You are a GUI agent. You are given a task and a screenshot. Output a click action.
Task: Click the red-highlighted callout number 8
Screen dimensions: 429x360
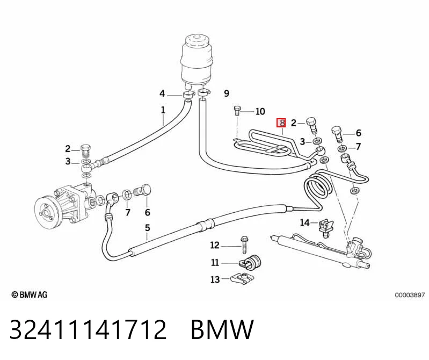point(281,123)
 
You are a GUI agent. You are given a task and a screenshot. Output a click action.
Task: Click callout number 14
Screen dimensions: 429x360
point(304,222)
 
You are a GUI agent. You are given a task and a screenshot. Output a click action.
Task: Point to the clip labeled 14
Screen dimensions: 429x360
point(325,227)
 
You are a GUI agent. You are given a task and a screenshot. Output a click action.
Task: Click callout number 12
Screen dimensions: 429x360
point(215,245)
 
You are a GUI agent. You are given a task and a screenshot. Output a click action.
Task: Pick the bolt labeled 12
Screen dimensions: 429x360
point(244,245)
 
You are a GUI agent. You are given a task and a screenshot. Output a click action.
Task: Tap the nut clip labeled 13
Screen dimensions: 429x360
point(241,279)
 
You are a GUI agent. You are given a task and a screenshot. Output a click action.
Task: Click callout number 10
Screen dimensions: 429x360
point(260,111)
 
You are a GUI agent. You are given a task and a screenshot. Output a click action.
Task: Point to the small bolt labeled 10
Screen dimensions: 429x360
point(237,111)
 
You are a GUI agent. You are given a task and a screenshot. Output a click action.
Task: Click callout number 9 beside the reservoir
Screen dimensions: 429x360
point(226,93)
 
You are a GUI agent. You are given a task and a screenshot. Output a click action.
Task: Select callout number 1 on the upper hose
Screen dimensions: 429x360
point(163,110)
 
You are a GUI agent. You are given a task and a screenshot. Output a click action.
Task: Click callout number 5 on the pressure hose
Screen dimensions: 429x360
point(148,228)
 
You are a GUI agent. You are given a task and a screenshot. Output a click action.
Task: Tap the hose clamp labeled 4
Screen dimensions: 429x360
point(188,95)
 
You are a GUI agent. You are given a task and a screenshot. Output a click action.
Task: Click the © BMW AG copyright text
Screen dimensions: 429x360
point(30,294)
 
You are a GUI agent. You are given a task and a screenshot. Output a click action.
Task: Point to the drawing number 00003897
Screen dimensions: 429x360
point(410,295)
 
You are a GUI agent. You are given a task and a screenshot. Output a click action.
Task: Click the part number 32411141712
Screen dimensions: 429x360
point(88,329)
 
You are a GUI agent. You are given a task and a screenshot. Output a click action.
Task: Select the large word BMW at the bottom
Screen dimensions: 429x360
point(222,329)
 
